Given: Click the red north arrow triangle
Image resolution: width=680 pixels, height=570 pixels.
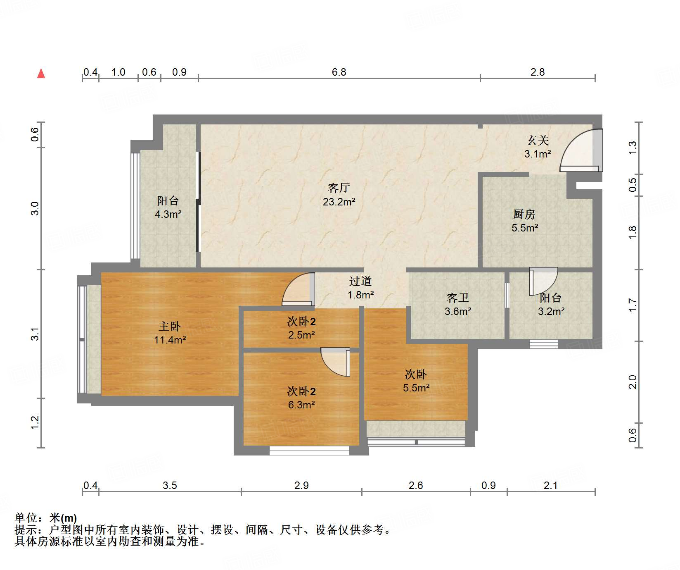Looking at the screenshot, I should click(41, 74).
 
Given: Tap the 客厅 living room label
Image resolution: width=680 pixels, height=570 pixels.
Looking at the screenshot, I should click(339, 188).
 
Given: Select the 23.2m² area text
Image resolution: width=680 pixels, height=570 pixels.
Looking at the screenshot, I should click(339, 202).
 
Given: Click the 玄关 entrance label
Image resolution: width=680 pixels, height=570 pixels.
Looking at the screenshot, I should click(538, 141).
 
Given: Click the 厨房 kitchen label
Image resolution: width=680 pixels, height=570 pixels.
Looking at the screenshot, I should click(524, 214).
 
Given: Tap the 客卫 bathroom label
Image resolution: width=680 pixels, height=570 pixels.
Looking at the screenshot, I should click(457, 298).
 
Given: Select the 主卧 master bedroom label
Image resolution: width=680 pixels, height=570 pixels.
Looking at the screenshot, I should click(170, 327).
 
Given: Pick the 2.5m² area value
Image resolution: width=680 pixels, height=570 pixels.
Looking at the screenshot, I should click(301, 335).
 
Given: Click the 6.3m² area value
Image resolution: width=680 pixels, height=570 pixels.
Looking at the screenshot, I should click(301, 405).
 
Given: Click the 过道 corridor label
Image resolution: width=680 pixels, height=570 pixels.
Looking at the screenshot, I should click(360, 281).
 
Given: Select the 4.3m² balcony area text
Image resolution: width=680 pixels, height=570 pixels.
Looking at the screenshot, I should click(168, 214).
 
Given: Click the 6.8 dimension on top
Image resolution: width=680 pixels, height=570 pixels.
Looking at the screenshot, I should click(339, 72).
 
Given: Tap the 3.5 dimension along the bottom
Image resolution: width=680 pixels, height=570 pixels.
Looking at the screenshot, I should click(170, 485).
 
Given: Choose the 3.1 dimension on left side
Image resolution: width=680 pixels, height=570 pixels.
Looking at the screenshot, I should click(36, 334).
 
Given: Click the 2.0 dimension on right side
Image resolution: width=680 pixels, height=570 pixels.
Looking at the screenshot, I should click(633, 382).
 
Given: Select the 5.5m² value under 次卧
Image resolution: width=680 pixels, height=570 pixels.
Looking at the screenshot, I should click(416, 388).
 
